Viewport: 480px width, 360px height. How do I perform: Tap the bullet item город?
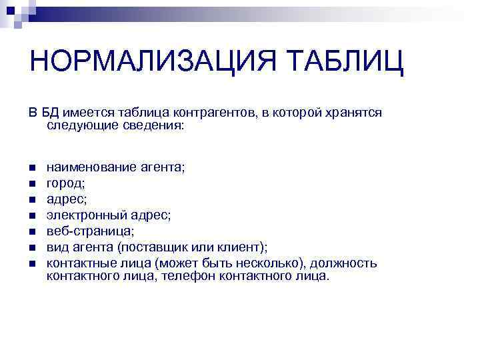(65, 183)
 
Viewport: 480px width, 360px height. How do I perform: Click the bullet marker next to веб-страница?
(32, 231)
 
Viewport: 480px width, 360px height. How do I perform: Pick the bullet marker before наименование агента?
(32, 167)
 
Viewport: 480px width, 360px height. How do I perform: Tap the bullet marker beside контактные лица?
(32, 263)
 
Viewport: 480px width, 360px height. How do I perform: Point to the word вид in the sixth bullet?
(55, 247)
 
